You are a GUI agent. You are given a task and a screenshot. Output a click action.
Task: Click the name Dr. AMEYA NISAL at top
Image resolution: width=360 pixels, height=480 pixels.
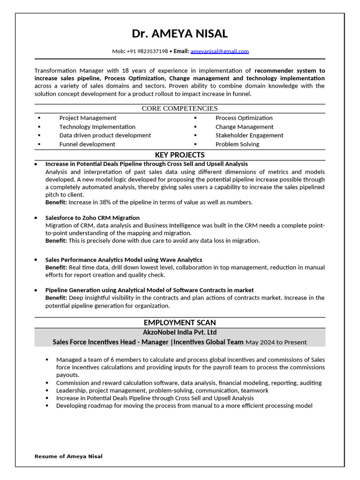coord(180,34)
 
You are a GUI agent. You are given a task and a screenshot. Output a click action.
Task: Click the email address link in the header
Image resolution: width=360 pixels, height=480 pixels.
coord(219,51)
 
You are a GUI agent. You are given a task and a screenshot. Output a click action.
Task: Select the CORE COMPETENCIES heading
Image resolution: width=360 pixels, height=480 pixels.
coord(180,108)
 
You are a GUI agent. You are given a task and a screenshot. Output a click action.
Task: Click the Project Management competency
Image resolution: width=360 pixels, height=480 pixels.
coord(88,118)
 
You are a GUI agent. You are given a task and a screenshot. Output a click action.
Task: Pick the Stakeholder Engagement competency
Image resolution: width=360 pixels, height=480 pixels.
coord(249,135)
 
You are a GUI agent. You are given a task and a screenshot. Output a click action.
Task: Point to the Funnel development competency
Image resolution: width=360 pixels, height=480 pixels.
coord(87,144)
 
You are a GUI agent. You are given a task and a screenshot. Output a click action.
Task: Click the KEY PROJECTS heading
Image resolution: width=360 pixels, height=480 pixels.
coord(180,155)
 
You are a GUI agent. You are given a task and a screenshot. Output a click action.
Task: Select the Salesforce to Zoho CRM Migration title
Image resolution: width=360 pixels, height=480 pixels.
coord(92,218)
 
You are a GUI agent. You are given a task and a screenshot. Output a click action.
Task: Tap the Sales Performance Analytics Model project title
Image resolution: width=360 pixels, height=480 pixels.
coord(124,260)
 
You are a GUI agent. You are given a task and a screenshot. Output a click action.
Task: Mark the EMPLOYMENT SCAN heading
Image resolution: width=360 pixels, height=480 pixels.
coord(180,322)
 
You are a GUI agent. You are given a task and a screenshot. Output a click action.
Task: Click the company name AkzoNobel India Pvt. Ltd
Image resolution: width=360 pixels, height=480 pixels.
coord(180,332)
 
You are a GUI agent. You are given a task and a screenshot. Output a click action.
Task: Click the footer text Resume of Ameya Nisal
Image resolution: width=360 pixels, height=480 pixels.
coord(68,456)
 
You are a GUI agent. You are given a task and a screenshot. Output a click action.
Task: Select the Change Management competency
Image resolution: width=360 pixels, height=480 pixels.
coord(244,127)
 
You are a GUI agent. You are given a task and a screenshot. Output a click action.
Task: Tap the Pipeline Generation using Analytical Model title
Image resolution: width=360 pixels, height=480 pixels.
coord(150,290)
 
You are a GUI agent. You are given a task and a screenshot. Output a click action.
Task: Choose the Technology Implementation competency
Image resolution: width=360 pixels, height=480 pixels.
coord(97,127)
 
